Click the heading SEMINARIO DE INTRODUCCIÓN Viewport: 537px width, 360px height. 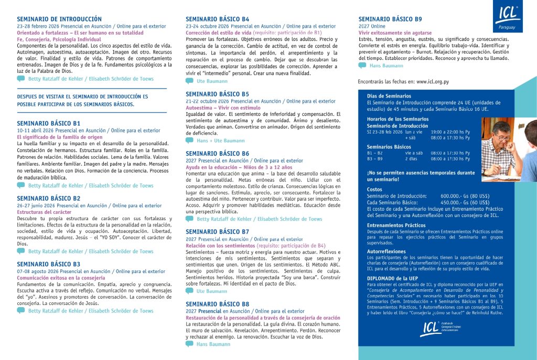point(59,19)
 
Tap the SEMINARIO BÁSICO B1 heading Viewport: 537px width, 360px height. point(48,123)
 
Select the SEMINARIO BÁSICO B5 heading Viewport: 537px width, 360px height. point(217,94)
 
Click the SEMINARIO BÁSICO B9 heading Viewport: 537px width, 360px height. point(390,19)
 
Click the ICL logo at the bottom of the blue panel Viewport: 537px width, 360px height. point(435,329)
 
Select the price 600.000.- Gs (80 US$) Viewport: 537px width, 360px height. point(465,195)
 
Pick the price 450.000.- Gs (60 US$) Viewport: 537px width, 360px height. point(465,202)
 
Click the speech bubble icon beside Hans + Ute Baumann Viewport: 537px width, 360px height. point(189,140)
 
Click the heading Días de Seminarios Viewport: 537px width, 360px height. point(389,96)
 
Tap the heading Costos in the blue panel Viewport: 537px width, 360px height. point(374,189)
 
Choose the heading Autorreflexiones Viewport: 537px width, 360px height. point(386,251)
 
